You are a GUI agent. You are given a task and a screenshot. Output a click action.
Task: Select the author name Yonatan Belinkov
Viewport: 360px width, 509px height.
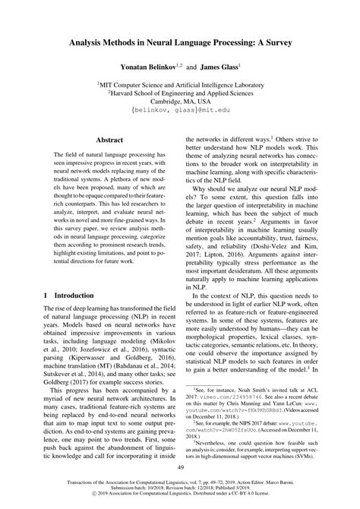(140, 68)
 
